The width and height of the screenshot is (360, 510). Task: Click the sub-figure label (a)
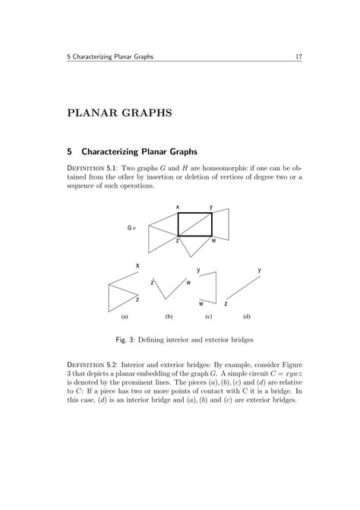point(124,315)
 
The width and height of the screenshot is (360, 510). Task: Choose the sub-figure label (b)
point(169,315)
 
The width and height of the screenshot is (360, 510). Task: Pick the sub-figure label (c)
point(208,315)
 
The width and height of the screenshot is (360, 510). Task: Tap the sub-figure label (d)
point(247,315)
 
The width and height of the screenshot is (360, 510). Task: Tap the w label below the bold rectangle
point(214,241)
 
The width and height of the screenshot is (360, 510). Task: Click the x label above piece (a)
point(137,265)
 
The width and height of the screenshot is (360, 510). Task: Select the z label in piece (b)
point(153,282)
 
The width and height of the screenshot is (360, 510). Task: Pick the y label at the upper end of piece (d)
point(260,270)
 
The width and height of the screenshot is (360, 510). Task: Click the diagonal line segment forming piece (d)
point(245,288)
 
